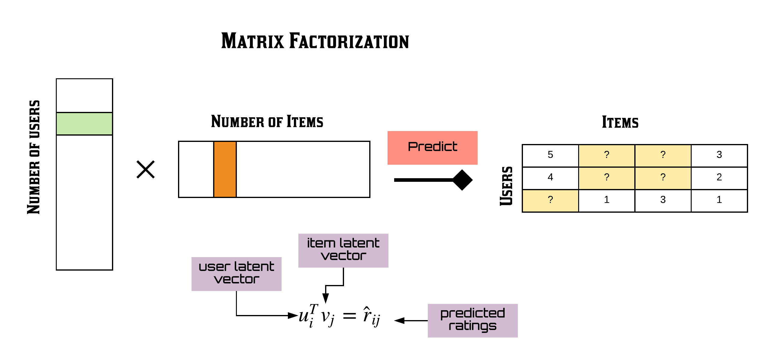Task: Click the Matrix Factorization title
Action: point(315,41)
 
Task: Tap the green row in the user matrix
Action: point(84,124)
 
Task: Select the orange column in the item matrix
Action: point(225,169)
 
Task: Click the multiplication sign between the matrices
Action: point(146,169)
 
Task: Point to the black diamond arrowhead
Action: point(462,180)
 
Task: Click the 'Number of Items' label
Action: point(267,121)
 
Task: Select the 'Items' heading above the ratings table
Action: point(620,122)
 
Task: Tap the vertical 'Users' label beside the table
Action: point(506,186)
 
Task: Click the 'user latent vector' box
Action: point(236,274)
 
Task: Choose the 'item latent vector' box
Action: point(343,250)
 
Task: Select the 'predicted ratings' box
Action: point(473,320)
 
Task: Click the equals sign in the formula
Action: point(349,316)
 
